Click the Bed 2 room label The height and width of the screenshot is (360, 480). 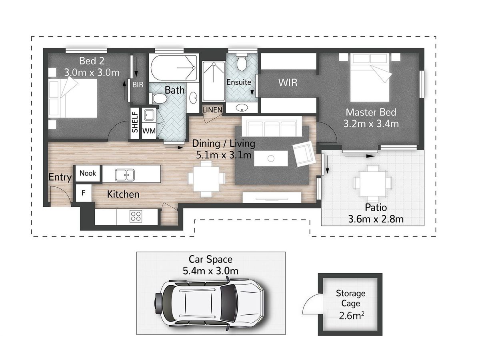pyautogui.click(x=92, y=61)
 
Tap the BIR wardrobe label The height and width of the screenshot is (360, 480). pyautogui.click(x=138, y=84)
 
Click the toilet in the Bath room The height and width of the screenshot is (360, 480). pyautogui.click(x=158, y=98)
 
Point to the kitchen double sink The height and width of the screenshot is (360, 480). pyautogui.click(x=125, y=175)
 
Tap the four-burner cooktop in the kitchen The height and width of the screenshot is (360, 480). pyautogui.click(x=136, y=216)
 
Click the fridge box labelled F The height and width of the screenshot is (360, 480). pyautogui.click(x=84, y=193)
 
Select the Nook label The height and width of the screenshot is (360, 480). pyautogui.click(x=88, y=173)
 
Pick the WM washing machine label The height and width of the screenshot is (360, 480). pyautogui.click(x=149, y=131)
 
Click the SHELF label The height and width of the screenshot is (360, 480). pyautogui.click(x=135, y=122)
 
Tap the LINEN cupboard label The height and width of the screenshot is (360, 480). pyautogui.click(x=212, y=110)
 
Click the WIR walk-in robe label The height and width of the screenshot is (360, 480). pyautogui.click(x=288, y=83)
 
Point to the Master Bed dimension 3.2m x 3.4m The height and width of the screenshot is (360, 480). pyautogui.click(x=371, y=124)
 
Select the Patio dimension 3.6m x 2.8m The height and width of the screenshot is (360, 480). pyautogui.click(x=376, y=219)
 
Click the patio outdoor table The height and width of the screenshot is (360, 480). pyautogui.click(x=373, y=184)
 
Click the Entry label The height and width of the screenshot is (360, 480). pyautogui.click(x=60, y=177)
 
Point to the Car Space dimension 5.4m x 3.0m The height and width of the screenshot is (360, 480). pyautogui.click(x=210, y=271)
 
